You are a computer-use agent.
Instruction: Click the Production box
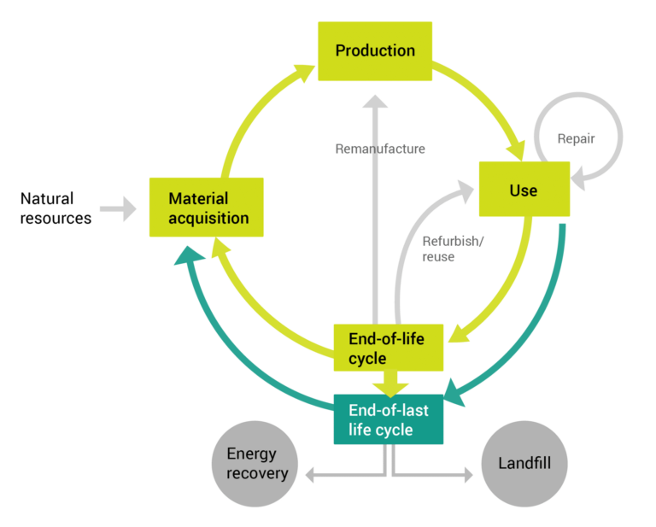pos(374,51)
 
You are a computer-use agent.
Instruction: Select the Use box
pos(524,189)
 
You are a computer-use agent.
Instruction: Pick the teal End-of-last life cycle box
pos(388,420)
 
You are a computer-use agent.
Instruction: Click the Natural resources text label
pos(56,208)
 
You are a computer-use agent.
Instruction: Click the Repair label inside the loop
pos(576,138)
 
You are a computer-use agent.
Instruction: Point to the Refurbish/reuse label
pos(453,249)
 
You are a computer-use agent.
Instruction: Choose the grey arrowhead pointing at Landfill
pos(468,474)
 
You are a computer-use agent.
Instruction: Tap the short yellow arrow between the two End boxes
pos(389,382)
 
